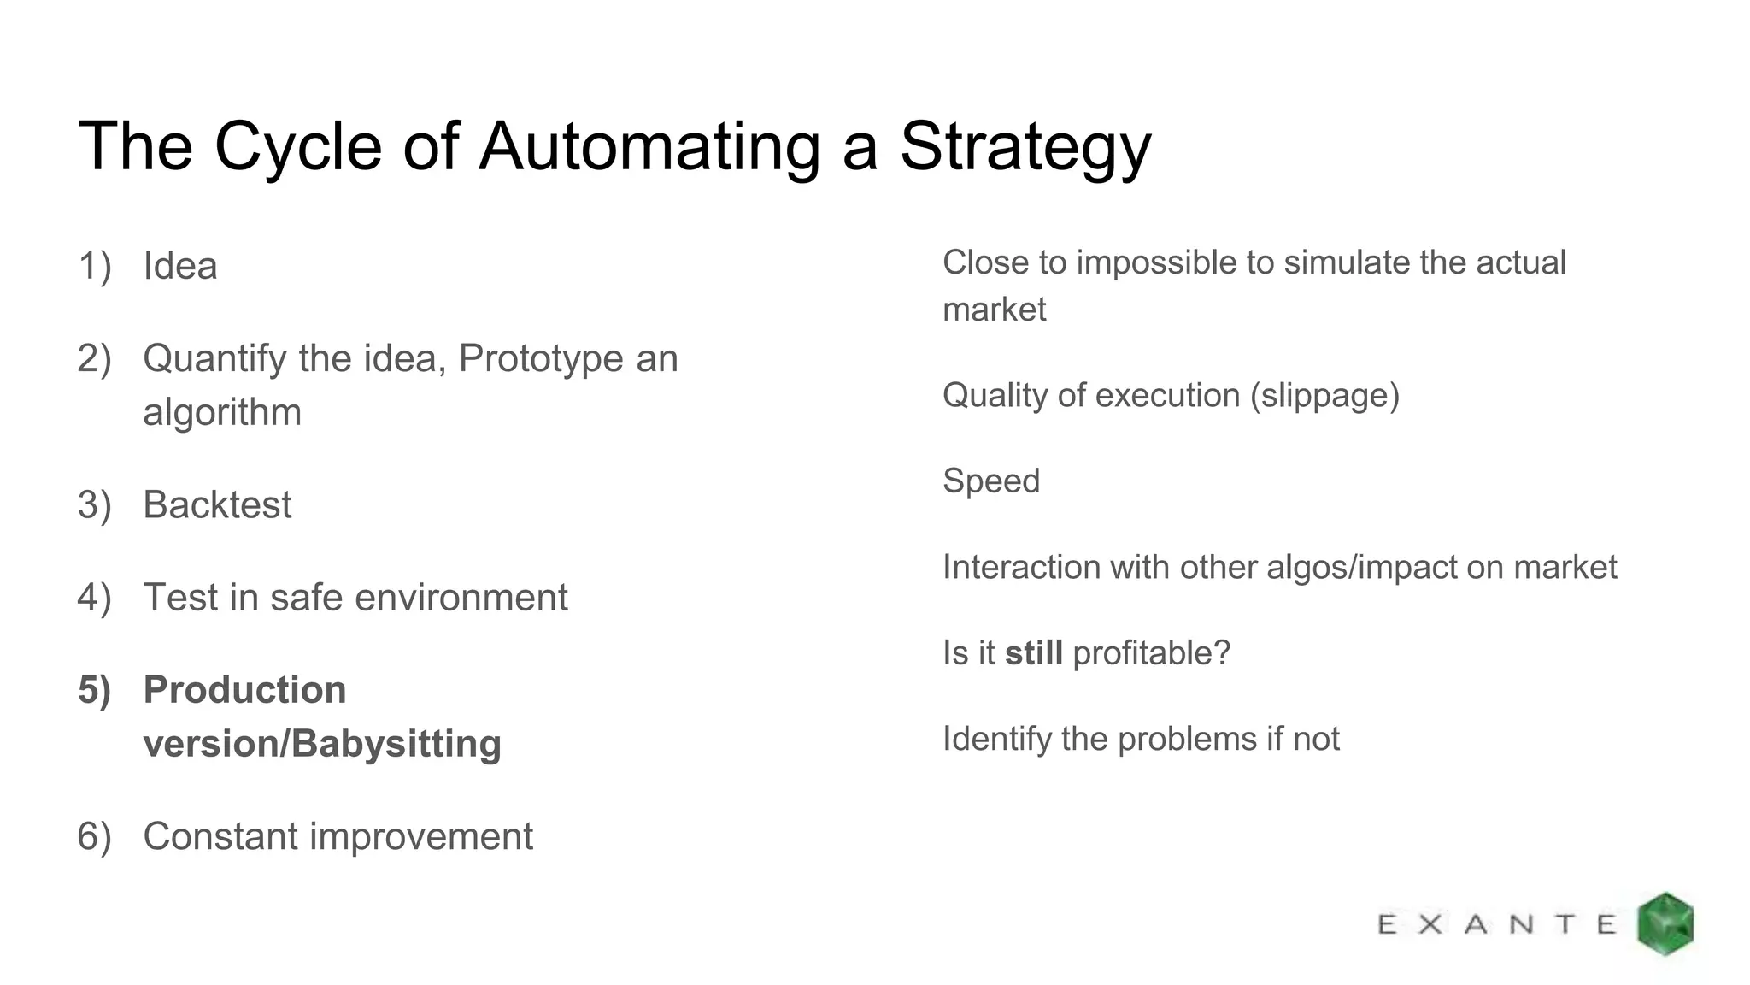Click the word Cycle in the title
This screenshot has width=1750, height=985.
click(297, 147)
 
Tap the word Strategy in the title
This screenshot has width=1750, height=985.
click(1025, 147)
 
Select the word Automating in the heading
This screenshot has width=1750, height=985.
click(649, 147)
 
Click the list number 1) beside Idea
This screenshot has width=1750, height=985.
click(95, 266)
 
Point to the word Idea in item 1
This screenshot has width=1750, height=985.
click(180, 266)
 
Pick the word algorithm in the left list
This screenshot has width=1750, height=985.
click(222, 412)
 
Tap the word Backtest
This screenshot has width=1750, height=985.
click(217, 504)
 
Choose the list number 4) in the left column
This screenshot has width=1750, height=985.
click(95, 597)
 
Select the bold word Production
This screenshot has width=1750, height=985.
click(245, 690)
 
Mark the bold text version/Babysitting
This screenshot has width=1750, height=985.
click(322, 744)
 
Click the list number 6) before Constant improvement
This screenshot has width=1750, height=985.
click(95, 836)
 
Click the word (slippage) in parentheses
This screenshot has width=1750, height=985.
click(1324, 395)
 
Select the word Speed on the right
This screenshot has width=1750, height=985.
click(991, 481)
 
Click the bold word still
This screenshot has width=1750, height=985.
click(1034, 653)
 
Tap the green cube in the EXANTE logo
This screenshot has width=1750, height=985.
click(1665, 923)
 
